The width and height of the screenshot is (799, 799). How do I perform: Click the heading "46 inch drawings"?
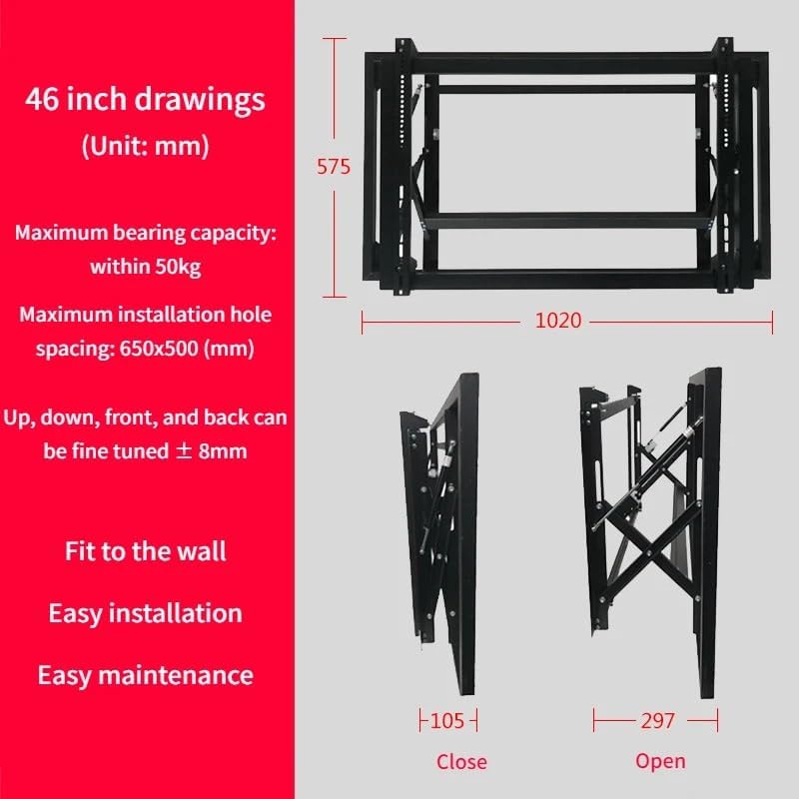145,100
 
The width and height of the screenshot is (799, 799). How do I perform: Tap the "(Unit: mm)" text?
145,146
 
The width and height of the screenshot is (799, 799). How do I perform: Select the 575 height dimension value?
334,167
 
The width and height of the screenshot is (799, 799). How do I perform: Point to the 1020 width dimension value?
557,322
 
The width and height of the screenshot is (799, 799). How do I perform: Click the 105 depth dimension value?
446,720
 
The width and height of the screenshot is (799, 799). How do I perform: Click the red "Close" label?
461,762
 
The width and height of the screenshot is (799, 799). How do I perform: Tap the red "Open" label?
660,761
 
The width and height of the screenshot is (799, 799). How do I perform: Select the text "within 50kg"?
145,267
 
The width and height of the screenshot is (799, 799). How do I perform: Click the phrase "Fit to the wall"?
145,550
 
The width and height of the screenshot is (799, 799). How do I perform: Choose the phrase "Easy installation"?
145,612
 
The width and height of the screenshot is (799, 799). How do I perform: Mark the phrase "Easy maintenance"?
145,674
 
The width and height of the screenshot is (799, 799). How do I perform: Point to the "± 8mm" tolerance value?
212,450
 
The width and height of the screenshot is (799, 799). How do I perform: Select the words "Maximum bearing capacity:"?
145,233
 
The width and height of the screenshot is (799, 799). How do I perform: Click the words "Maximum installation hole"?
145,315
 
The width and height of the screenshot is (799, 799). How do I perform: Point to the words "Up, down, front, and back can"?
145,416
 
